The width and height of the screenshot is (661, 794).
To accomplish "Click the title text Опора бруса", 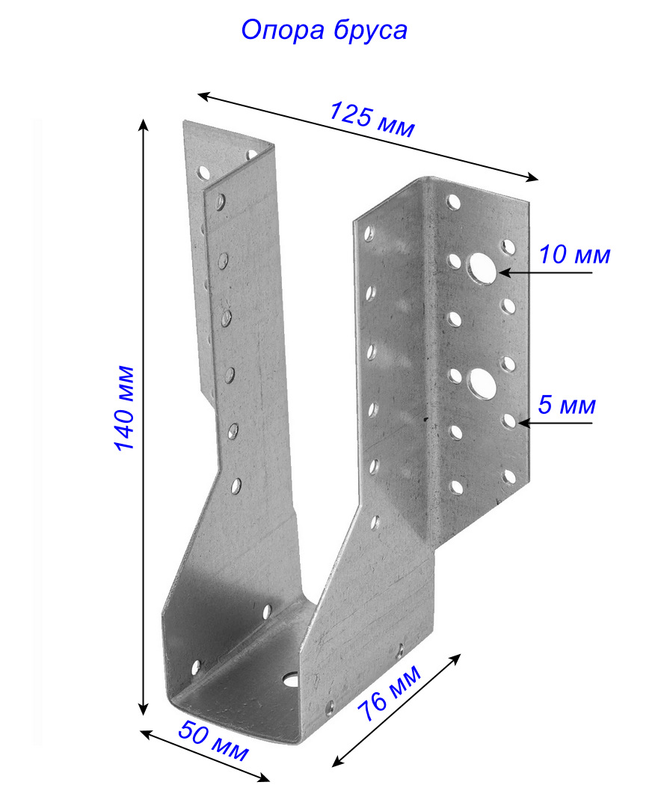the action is click(324, 31).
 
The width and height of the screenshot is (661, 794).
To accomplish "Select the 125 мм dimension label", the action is click(372, 120).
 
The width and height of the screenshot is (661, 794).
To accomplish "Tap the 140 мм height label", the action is click(124, 408).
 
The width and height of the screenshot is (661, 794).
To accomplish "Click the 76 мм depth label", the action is click(390, 693).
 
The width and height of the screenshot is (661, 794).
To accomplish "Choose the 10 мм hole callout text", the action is click(574, 254).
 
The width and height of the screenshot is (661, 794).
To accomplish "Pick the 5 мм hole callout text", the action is click(567, 405).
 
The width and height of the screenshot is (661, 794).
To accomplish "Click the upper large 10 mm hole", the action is click(482, 268).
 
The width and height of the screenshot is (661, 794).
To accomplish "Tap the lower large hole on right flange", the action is click(482, 383).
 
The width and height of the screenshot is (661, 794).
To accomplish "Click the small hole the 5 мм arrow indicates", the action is click(509, 421).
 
